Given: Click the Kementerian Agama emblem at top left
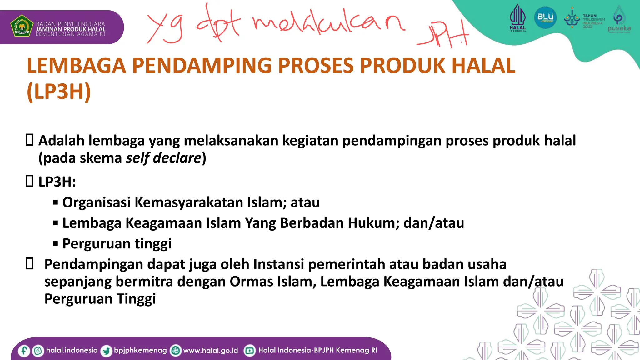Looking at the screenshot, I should click(22, 26).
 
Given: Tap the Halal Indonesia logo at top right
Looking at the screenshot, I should click(517, 17).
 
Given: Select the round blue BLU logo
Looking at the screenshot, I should click(545, 17).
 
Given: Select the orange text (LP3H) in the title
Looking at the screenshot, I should click(59, 92).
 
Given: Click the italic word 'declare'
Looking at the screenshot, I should click(177, 158).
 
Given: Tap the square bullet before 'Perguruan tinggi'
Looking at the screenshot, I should click(56, 244).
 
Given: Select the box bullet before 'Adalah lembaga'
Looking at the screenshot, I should click(29, 140).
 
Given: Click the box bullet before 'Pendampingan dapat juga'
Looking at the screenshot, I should click(29, 264).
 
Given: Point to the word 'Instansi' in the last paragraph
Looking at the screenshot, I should click(278, 264).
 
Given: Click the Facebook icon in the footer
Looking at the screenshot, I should click(24, 351).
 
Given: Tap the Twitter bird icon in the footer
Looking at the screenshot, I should click(106, 351).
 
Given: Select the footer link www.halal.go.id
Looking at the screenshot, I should click(210, 351).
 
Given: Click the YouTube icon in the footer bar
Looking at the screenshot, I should click(249, 351).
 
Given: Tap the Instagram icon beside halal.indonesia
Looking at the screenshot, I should click(38, 351).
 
